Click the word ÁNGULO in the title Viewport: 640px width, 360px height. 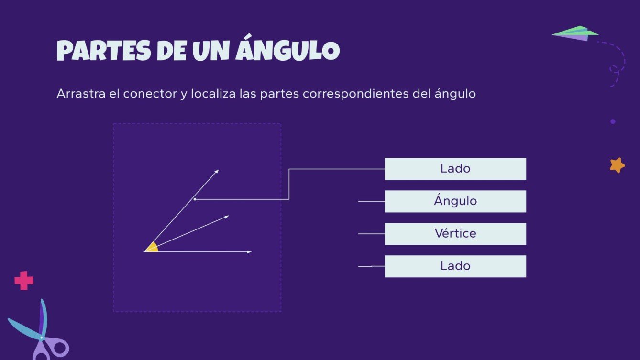287,50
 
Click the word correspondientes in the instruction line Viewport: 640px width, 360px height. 355,94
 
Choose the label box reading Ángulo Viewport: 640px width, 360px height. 455,201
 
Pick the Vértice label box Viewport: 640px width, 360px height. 455,234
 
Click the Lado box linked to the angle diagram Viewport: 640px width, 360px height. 455,169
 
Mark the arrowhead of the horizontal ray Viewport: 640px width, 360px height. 249,252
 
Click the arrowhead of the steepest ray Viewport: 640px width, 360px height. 217,171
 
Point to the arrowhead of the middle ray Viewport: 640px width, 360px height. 227,217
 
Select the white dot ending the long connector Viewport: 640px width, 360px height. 195,199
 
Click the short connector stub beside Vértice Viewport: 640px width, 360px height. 371,234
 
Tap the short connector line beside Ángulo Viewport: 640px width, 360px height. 371,201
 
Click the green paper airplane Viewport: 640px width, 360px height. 576,33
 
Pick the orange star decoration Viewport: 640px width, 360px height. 617,165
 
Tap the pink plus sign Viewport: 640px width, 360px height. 24,281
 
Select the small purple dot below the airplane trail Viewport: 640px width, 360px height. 613,121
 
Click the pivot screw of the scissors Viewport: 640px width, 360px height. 42,338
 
